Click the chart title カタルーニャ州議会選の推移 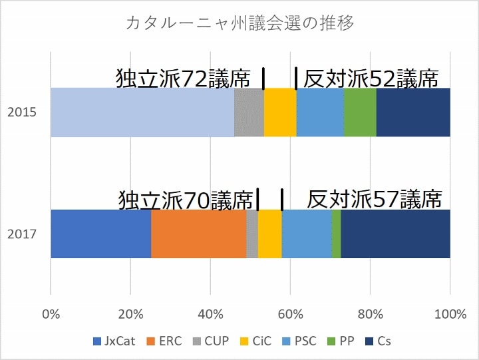[x=239, y=23]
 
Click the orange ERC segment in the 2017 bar [x=198, y=234]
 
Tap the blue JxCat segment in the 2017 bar [x=100, y=234]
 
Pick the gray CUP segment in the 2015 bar [x=249, y=112]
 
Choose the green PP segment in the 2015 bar [x=360, y=112]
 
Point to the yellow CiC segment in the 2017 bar [x=269, y=234]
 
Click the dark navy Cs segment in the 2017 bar [x=395, y=234]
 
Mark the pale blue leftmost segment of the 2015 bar [x=142, y=112]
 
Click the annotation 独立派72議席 [x=184, y=79]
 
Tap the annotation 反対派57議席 [x=375, y=199]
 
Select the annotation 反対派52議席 [x=371, y=79]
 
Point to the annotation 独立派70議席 [x=186, y=199]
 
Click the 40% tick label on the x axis [x=210, y=313]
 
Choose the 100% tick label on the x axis [x=450, y=313]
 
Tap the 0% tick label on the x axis [x=51, y=313]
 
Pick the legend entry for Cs [x=379, y=341]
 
